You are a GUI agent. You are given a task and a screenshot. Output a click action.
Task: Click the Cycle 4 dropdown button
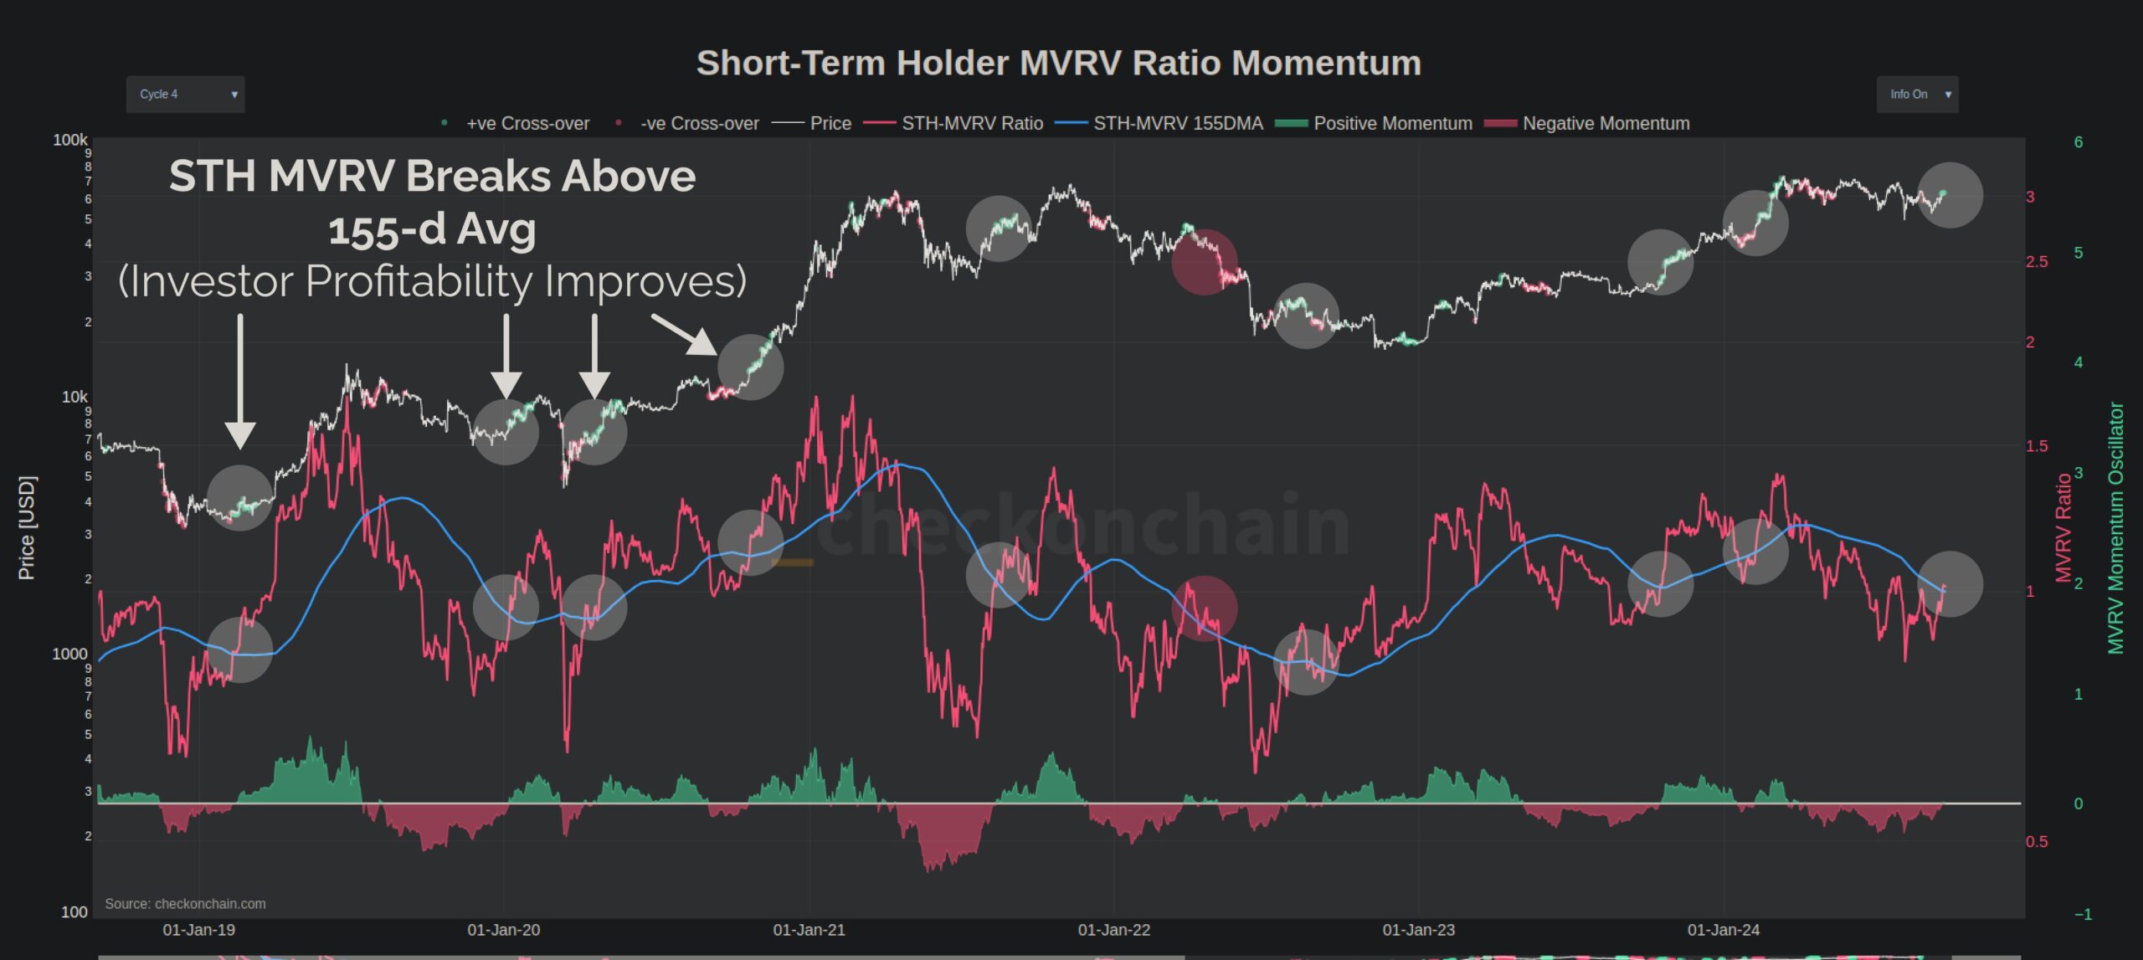click(x=185, y=95)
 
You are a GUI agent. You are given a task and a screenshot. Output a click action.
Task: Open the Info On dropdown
click(x=1916, y=95)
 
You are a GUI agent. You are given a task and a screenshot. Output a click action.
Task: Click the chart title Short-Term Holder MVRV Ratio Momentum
click(x=1059, y=63)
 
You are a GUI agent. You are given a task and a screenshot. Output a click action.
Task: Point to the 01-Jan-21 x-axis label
click(x=809, y=930)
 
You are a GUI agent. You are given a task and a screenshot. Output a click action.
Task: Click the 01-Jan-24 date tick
click(x=1723, y=930)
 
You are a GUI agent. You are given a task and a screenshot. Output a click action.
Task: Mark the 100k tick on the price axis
click(x=69, y=140)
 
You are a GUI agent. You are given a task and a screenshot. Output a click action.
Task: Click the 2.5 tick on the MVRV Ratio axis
click(x=2037, y=262)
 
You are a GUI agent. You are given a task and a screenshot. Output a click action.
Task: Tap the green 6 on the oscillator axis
click(x=2079, y=142)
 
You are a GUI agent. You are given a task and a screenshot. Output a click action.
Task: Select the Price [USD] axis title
click(x=27, y=527)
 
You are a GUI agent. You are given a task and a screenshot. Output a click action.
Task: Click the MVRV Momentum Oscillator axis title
click(x=2115, y=527)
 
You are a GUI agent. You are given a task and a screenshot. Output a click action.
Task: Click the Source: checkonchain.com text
click(x=185, y=904)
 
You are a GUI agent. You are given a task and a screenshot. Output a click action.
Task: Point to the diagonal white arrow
click(x=684, y=334)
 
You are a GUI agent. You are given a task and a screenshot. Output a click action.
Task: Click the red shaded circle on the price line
click(x=1205, y=262)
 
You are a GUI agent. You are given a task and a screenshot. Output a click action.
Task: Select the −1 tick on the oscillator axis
click(x=2083, y=915)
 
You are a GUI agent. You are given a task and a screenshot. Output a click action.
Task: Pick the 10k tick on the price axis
click(x=74, y=397)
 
